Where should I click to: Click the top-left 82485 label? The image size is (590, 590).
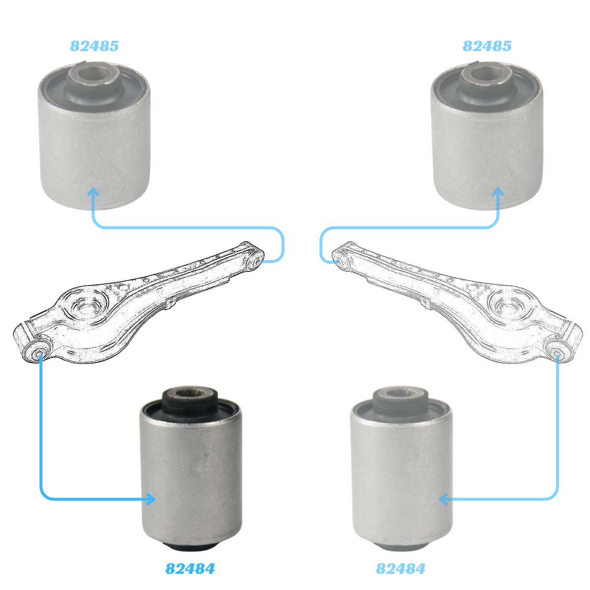pos(94,46)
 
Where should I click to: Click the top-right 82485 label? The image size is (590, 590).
pos(487,46)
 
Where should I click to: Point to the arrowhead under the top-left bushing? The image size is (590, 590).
pos(93,192)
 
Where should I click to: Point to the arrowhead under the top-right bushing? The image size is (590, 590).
pos(498,192)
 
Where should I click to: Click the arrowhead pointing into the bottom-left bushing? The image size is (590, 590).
pos(151,500)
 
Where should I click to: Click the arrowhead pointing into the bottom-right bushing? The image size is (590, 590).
pos(443,500)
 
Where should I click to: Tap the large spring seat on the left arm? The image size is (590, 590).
pos(86,306)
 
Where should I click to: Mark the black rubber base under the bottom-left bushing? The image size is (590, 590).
pos(190,547)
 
